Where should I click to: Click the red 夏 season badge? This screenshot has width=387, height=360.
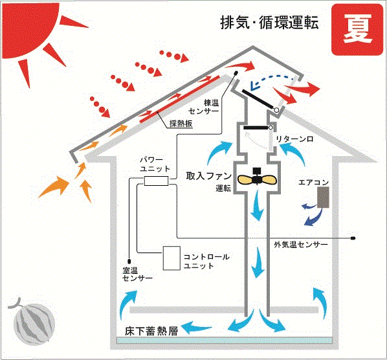click(357, 29)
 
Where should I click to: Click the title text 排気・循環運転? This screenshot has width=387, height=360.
click(269, 23)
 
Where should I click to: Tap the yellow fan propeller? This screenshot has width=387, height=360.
click(257, 179)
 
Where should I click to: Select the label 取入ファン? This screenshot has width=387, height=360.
click(208, 176)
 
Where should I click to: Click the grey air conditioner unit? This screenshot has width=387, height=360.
click(323, 197)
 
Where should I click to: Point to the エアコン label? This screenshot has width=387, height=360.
click(313, 183)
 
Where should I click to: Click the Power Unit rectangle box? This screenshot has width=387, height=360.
click(156, 181)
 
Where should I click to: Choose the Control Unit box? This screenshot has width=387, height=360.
click(171, 258)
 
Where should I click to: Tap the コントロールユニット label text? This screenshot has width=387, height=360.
click(206, 261)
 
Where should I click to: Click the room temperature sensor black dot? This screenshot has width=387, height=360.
click(129, 261)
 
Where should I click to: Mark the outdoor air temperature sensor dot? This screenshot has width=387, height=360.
click(353, 238)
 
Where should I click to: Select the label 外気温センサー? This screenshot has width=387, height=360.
click(301, 245)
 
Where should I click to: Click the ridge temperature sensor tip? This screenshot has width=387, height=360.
click(236, 73)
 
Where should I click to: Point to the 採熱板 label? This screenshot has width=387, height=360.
click(181, 123)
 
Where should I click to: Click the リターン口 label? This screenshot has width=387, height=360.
click(294, 139)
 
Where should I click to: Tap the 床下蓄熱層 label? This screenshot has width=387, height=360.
click(151, 331)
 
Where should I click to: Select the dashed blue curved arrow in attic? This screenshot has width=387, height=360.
click(272, 79)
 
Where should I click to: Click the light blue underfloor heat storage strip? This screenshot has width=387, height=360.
click(224, 341)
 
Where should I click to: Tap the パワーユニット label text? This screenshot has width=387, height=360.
click(155, 164)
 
